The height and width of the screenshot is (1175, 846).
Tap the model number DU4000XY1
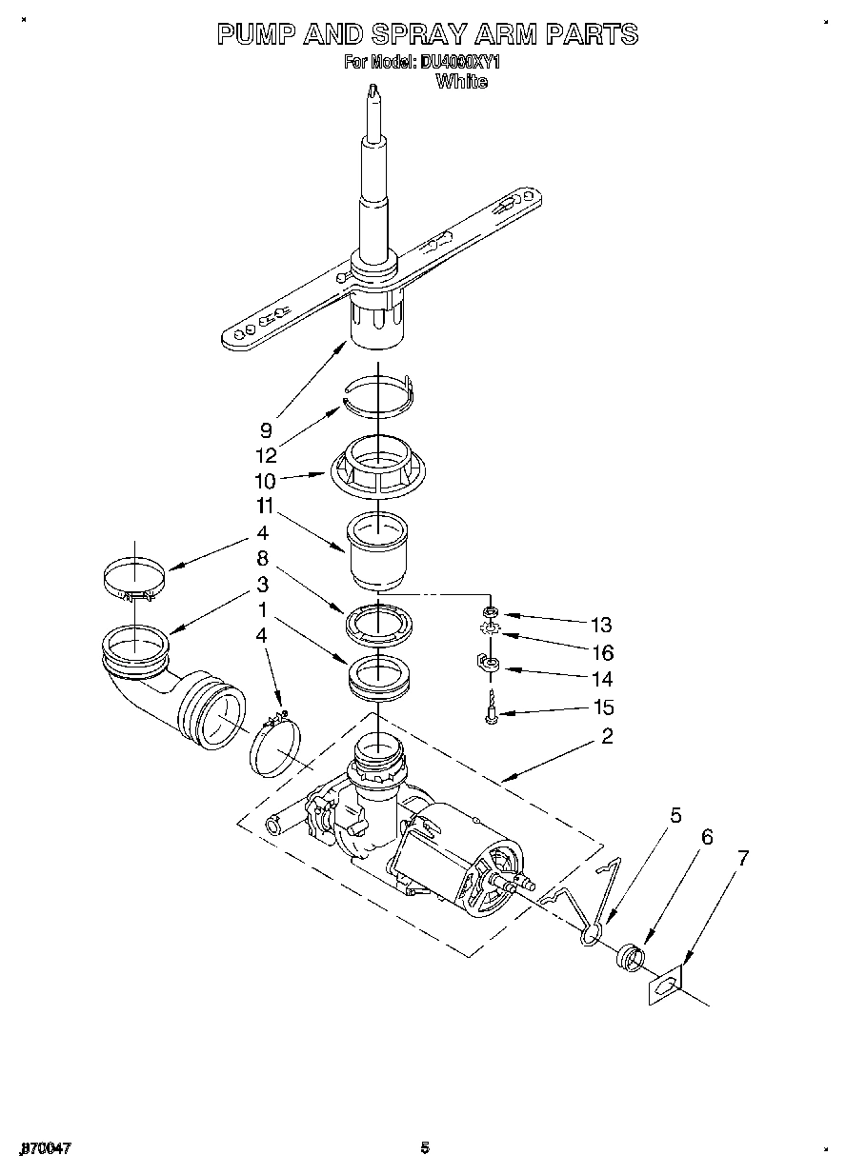(x=459, y=63)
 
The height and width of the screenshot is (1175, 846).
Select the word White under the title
(x=460, y=82)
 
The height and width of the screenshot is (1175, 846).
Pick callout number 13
(x=600, y=626)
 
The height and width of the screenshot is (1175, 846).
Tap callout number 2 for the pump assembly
(x=606, y=735)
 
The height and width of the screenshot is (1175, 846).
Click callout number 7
(x=743, y=858)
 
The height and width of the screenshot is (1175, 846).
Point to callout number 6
(x=706, y=837)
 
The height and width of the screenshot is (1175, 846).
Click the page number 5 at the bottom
(x=425, y=1147)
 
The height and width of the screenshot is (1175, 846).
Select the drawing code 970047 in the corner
(x=45, y=1148)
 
